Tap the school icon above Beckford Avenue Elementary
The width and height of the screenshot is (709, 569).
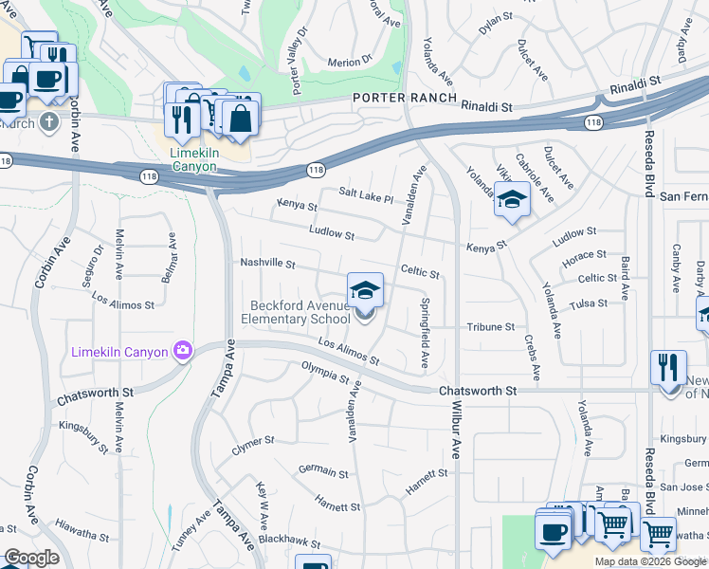point(365,290)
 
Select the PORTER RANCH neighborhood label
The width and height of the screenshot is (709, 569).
point(406,99)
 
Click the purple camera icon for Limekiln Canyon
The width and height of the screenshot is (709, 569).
point(183,351)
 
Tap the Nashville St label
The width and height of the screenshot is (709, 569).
point(268,264)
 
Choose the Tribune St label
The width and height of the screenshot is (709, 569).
point(490,327)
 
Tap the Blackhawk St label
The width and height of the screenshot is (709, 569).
point(290,541)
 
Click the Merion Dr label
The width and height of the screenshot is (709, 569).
point(350,63)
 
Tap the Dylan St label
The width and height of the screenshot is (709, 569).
point(495,30)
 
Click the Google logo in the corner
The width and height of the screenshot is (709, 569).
point(32,558)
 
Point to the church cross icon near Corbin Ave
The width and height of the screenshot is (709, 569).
point(48,121)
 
